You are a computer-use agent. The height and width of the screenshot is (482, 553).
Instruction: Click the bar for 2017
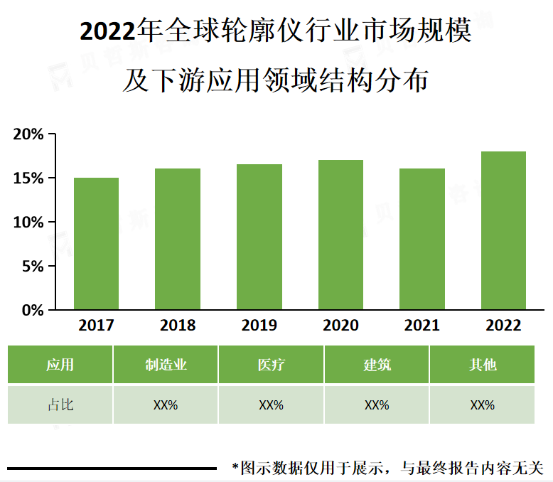coord(96,244)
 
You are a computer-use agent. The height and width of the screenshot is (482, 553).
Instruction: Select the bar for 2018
coord(178,239)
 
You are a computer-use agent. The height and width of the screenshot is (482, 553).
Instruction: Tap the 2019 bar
coord(259,237)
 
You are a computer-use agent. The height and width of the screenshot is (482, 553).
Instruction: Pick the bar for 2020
coord(340,235)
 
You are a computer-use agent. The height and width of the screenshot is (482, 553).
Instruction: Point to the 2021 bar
coord(422,239)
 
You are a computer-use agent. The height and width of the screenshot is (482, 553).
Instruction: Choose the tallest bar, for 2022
coord(503,230)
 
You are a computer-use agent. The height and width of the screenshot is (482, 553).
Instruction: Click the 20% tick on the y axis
coord(29,134)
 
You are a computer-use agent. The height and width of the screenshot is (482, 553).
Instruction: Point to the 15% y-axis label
coord(29,178)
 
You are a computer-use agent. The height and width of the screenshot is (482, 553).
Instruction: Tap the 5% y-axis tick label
coord(33,267)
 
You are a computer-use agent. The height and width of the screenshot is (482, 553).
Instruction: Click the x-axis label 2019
coord(259,326)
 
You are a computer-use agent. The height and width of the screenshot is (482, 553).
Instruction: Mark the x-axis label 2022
coord(503,326)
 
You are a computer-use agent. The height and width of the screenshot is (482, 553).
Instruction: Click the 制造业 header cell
coord(166,365)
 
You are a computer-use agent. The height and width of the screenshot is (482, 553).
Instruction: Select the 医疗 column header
coord(271,365)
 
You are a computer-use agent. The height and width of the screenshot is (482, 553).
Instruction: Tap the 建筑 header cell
coord(377,365)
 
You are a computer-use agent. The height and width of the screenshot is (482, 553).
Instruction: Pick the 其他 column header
coord(482,365)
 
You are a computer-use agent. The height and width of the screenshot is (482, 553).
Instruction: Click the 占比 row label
coord(60,405)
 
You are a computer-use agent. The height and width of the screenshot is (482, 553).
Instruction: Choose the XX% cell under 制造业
coord(166,405)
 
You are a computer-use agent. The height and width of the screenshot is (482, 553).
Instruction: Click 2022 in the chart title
coord(107,33)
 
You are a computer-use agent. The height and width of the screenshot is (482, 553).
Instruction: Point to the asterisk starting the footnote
coord(236,468)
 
